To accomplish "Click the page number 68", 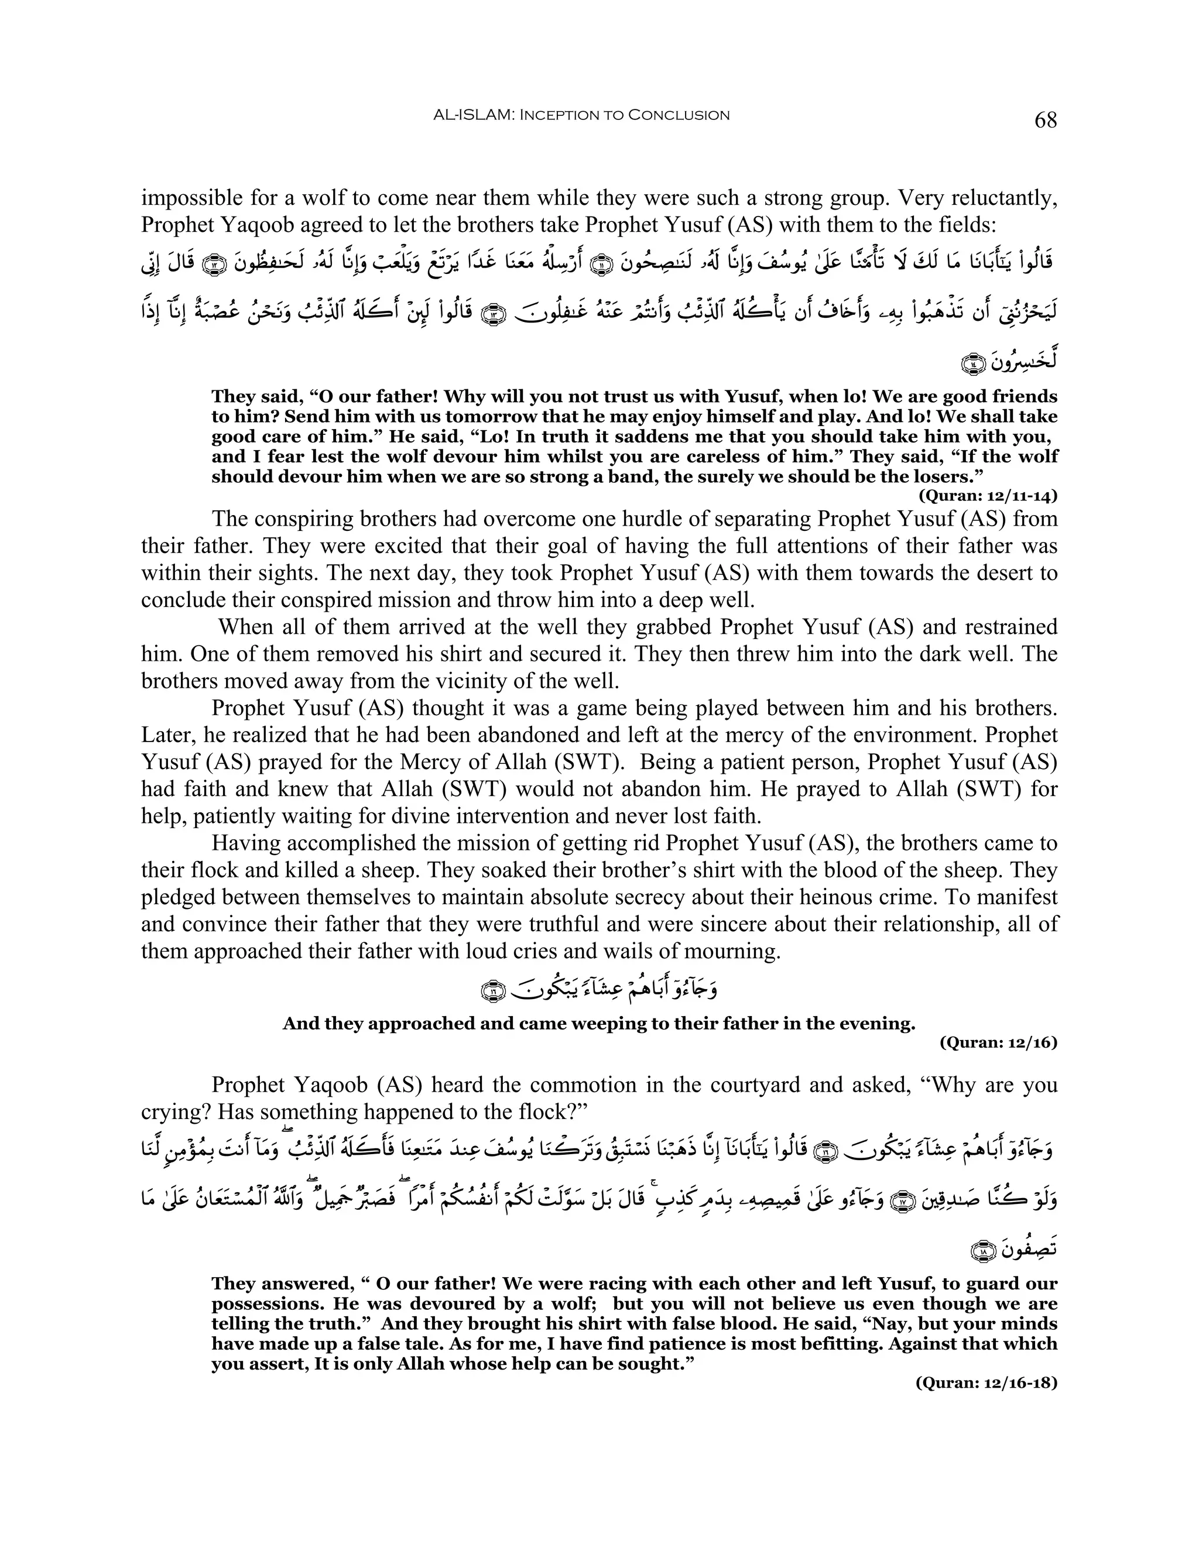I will click(x=1046, y=120).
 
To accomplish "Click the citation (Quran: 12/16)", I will click(x=998, y=1042).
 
